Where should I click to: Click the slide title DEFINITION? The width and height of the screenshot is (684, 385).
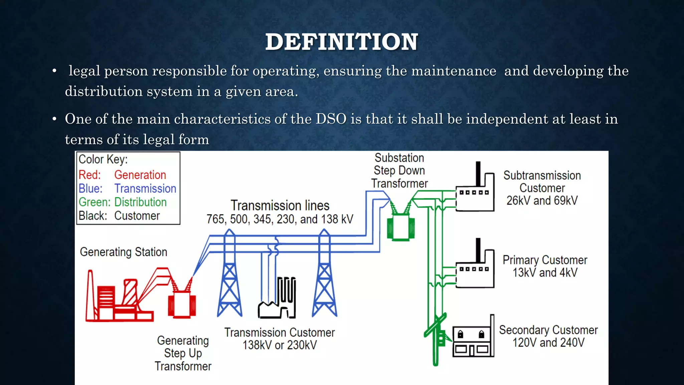(341, 42)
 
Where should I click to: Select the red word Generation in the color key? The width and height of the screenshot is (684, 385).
(140, 175)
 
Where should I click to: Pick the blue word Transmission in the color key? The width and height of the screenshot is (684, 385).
(145, 188)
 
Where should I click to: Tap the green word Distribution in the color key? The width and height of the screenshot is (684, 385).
(140, 202)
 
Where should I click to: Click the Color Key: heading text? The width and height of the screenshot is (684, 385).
(103, 159)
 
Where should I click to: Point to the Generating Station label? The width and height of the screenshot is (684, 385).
(123, 252)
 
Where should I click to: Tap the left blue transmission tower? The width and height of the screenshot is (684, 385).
(229, 277)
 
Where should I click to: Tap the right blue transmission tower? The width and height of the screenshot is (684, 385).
(324, 277)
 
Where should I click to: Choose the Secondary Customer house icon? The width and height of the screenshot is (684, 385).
(473, 341)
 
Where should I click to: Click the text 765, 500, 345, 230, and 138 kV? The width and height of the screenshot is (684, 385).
(280, 219)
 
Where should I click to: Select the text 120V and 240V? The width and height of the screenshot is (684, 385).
(548, 343)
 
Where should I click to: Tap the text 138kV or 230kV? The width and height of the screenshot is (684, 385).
(280, 345)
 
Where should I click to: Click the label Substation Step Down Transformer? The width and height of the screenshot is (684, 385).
(399, 170)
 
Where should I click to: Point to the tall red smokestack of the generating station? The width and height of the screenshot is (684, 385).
(90, 296)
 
